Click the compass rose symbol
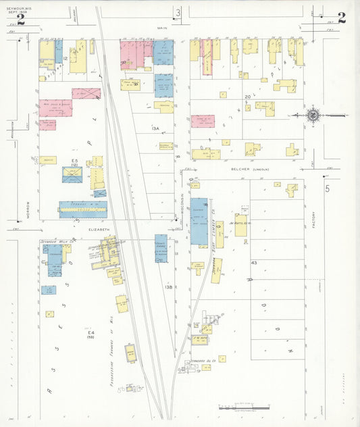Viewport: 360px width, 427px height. pyautogui.click(x=313, y=116)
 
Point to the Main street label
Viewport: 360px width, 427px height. pyautogui.click(x=161, y=28)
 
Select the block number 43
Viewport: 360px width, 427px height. pyautogui.click(x=254, y=262)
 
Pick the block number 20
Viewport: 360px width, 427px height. pyautogui.click(x=248, y=97)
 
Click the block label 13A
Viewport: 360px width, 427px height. pyautogui.click(x=156, y=128)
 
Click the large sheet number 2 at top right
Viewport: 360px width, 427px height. pyautogui.click(x=341, y=18)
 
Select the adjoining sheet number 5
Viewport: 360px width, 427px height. pyautogui.click(x=328, y=189)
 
